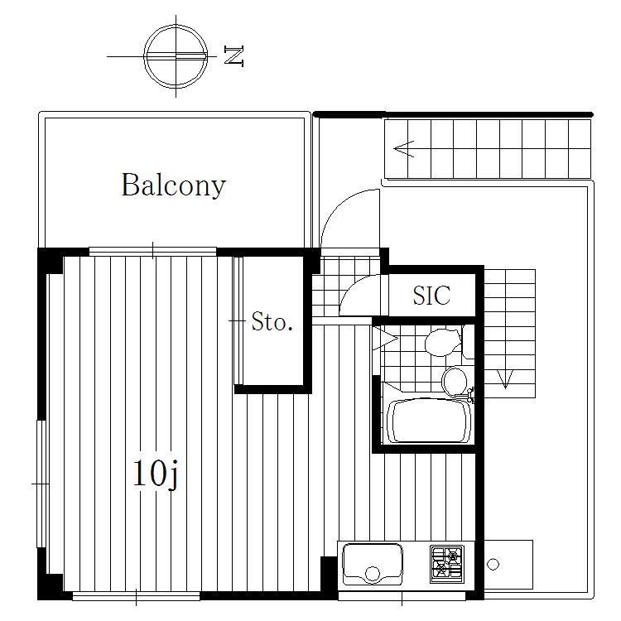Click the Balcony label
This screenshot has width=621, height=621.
174,185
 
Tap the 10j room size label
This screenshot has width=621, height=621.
156,474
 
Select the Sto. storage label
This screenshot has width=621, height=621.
272,321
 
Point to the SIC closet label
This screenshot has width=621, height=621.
431,295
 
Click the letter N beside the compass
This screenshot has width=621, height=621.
233,55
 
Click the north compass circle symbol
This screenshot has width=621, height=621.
176,56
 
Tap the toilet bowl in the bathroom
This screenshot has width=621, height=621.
444,342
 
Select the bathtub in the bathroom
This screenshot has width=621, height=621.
429,421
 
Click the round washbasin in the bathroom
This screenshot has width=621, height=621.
455,381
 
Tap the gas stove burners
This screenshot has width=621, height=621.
447,565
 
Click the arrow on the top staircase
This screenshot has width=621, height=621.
404,149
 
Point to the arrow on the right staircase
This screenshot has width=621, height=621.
505,379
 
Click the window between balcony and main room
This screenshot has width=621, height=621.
153,252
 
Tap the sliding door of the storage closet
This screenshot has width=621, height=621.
238,320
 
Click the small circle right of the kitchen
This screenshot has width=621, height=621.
493,564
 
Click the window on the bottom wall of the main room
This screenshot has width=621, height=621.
137,596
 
